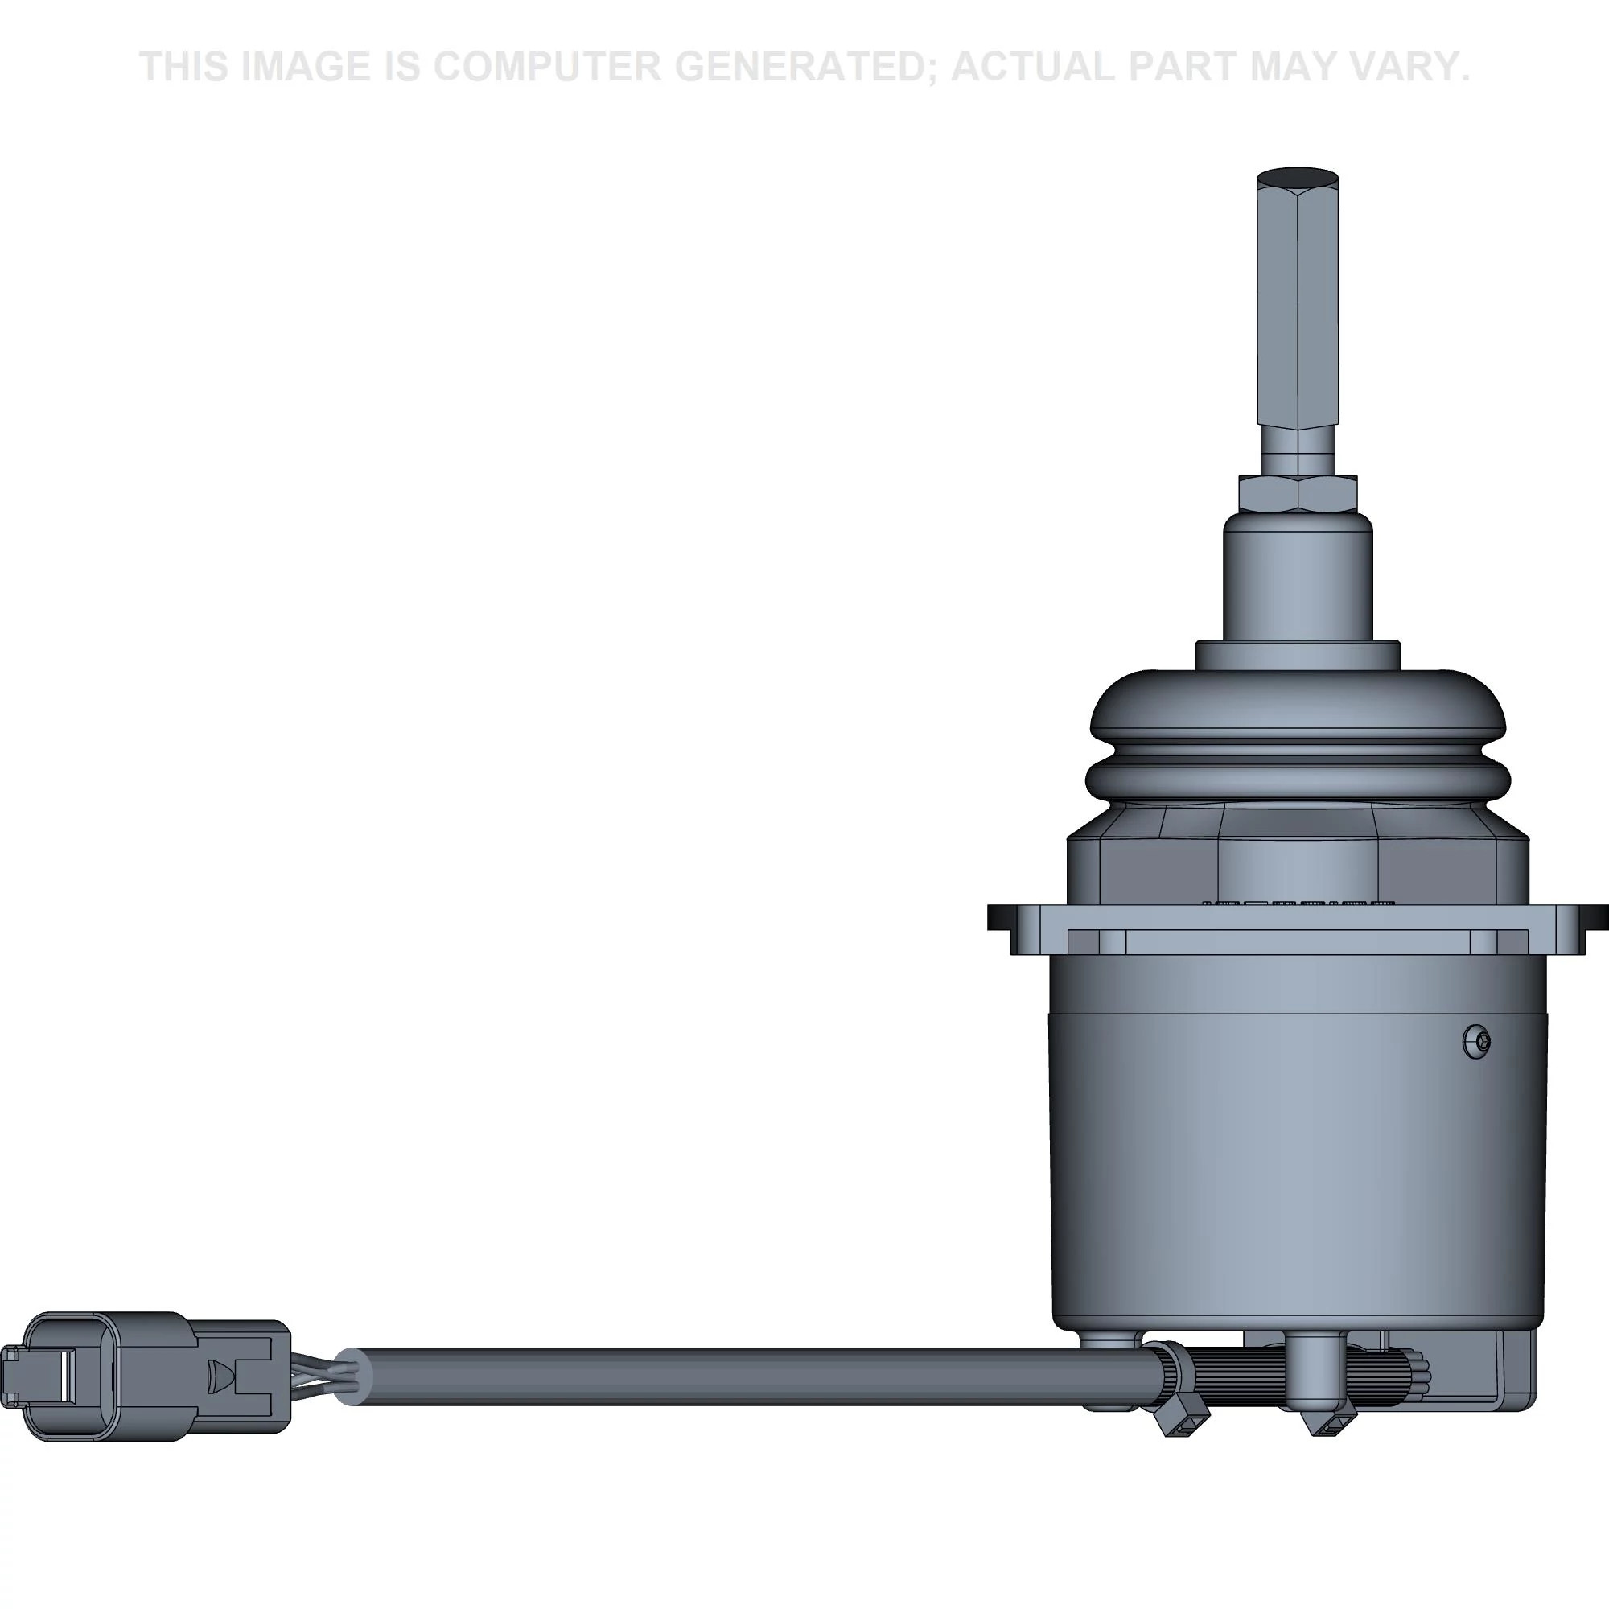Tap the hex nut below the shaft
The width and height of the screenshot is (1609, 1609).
(x=1298, y=493)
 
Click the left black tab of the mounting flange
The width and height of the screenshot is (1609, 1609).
(x=999, y=918)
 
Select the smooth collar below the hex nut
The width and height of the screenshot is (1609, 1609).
(x=1298, y=574)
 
